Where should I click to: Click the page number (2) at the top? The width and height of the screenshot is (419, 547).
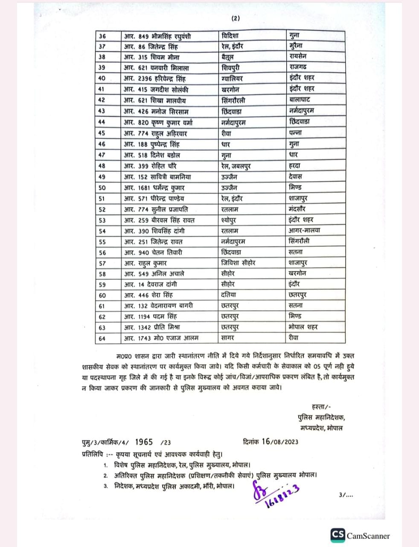(x=236, y=18)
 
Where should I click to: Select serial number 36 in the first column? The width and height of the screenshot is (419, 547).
(x=102, y=36)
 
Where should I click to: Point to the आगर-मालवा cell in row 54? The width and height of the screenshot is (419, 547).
(x=304, y=230)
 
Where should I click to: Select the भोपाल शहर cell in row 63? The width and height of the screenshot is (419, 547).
(x=303, y=327)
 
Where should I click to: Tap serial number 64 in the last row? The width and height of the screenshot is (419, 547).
(x=102, y=338)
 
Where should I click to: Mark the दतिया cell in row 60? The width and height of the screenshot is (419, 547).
(x=229, y=295)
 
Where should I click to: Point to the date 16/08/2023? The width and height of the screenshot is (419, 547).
(x=280, y=442)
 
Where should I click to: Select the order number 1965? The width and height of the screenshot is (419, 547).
(x=144, y=442)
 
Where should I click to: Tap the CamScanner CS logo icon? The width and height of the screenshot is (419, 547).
(x=338, y=535)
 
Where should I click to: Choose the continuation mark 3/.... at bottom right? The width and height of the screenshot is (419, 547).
(x=346, y=495)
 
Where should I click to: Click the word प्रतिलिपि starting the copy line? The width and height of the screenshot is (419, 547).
(x=94, y=454)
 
